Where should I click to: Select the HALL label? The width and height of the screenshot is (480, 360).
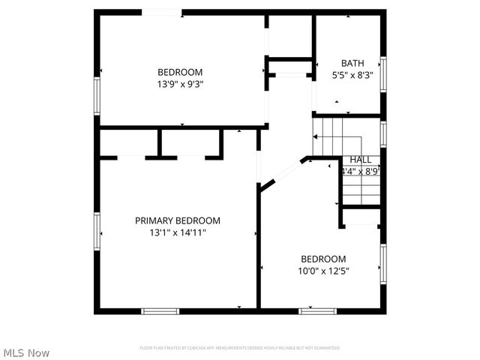pyautogui.click(x=361, y=160)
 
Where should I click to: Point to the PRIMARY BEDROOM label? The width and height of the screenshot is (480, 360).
pyautogui.click(x=178, y=220)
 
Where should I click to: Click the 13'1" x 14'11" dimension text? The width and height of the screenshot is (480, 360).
pyautogui.click(x=178, y=232)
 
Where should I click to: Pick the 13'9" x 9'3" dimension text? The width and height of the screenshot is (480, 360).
pyautogui.click(x=180, y=84)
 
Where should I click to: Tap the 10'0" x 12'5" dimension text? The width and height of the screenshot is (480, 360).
pyautogui.click(x=324, y=271)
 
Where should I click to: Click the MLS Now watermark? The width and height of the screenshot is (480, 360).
pyautogui.click(x=26, y=352)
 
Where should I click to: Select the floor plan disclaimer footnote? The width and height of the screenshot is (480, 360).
pyautogui.click(x=240, y=348)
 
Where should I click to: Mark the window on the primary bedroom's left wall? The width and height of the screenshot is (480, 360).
pyautogui.click(x=96, y=230)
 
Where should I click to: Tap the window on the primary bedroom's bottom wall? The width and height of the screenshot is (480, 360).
pyautogui.click(x=160, y=310)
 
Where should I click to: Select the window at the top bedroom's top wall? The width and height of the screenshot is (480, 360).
pyautogui.click(x=162, y=12)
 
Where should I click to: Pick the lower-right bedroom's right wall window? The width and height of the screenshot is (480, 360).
pyautogui.click(x=382, y=266)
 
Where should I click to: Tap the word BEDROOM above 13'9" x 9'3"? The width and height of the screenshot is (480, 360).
pyautogui.click(x=180, y=72)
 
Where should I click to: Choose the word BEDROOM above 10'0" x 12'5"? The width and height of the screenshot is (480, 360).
pyautogui.click(x=324, y=259)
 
